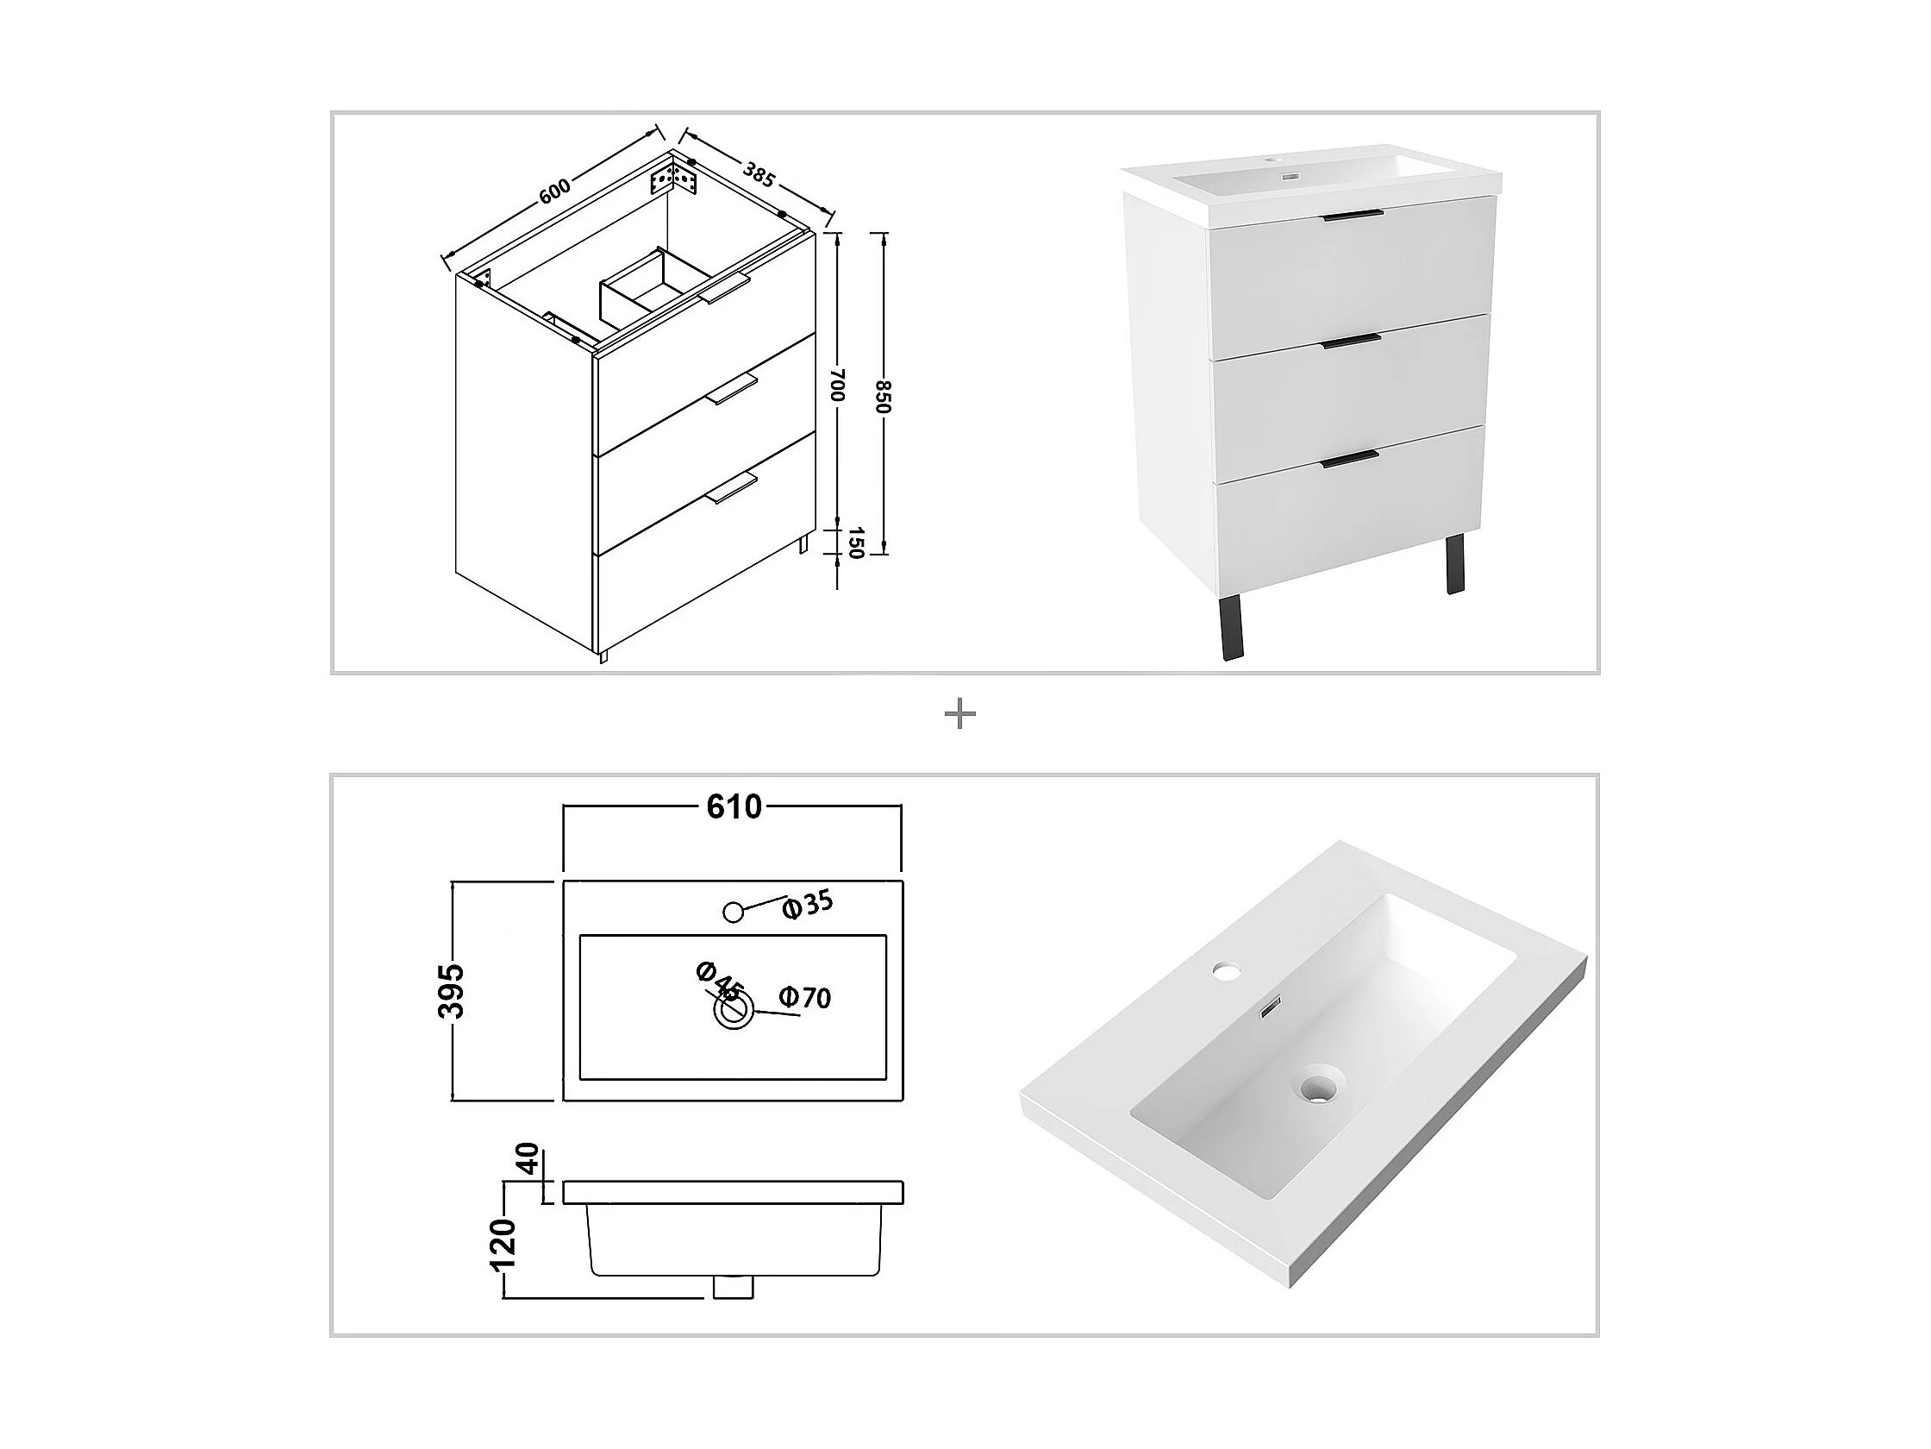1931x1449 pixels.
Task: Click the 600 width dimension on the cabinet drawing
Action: pos(554,191)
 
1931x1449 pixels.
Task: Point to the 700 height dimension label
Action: pos(838,385)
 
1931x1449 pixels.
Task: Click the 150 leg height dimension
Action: pos(855,543)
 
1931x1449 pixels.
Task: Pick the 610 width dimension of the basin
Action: pos(734,807)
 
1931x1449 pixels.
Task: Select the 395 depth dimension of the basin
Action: pos(452,991)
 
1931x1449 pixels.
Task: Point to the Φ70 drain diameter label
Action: pos(805,997)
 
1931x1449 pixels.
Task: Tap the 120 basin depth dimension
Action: pos(504,1245)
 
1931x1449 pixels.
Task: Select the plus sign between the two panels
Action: pos(960,715)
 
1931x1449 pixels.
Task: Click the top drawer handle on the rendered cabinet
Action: pos(1353,216)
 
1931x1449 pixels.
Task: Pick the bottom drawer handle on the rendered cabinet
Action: pos(1350,460)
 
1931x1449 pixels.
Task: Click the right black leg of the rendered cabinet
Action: pos(1453,565)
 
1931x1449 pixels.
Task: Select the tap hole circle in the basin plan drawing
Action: pos(734,912)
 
